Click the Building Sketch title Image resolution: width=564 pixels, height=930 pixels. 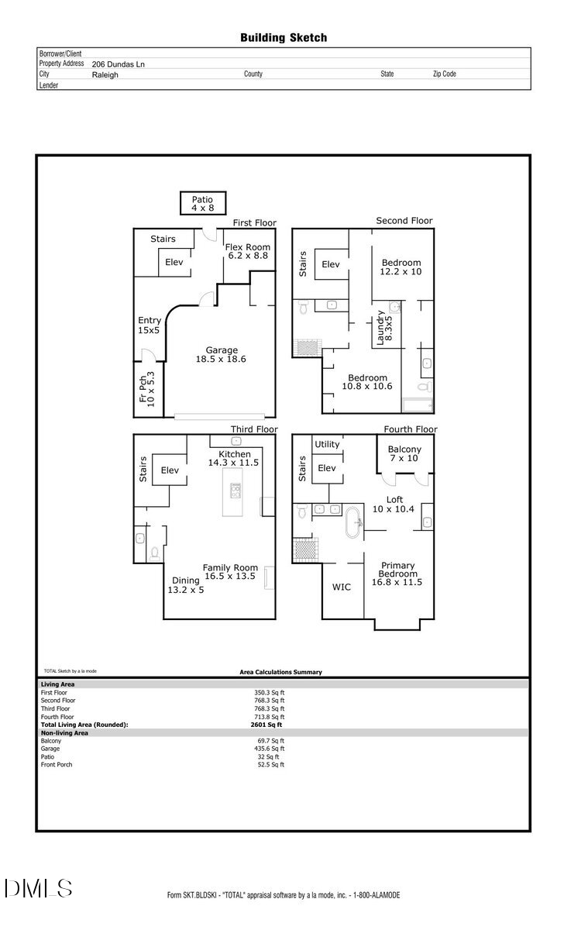pos(283,37)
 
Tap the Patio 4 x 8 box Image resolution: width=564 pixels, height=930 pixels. pos(203,203)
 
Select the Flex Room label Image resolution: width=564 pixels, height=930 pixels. pos(247,251)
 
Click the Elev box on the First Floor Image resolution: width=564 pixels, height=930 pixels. pos(174,263)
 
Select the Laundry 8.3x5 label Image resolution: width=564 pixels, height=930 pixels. pos(384,327)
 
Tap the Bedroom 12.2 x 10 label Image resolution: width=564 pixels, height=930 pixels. pos(401,267)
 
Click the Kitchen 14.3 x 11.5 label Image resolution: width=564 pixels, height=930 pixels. pos(233,458)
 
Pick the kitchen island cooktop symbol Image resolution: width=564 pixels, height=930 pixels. pos(235,491)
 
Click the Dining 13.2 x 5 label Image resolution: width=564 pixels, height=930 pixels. pos(186,585)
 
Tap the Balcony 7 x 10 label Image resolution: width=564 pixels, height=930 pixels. pos(404,454)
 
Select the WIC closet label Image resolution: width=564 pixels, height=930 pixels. pos(341,587)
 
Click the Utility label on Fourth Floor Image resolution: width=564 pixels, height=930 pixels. pos(327,444)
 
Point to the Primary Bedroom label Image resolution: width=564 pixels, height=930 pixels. pos(397,573)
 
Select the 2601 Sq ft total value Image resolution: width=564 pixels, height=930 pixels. pos(267,725)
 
